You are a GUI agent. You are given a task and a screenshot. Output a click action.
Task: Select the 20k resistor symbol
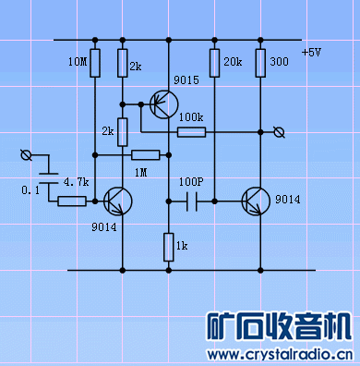pyautogui.click(x=214, y=63)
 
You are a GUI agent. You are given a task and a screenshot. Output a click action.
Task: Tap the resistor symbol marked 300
pyautogui.click(x=259, y=63)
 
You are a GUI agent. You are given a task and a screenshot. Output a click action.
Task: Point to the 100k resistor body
pyautogui.click(x=190, y=132)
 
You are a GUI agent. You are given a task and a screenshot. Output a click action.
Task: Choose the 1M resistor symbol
pyautogui.click(x=146, y=154)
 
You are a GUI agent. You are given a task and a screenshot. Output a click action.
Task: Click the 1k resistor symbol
pyautogui.click(x=168, y=246)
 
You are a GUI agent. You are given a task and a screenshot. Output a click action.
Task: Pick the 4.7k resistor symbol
pyautogui.click(x=72, y=201)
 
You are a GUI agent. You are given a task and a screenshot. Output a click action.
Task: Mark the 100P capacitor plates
pyautogui.click(x=191, y=200)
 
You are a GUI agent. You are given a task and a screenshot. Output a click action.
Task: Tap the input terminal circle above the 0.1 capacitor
pyautogui.click(x=26, y=153)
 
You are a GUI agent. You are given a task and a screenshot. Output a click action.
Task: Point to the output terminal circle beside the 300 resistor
pyautogui.click(x=282, y=132)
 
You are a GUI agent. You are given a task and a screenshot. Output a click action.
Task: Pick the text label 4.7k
pyautogui.click(x=76, y=182)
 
